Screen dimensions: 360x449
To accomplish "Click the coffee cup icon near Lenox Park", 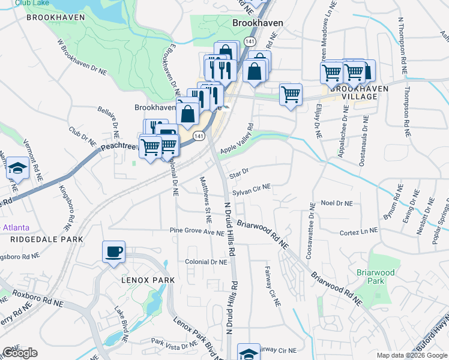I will [113, 252].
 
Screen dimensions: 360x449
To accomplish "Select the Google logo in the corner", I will [20, 353].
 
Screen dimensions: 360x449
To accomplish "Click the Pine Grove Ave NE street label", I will [196, 231].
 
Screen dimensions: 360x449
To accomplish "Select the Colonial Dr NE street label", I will [206, 262].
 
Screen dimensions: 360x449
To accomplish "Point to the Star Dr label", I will [238, 172].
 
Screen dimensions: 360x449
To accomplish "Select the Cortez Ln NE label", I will [359, 231].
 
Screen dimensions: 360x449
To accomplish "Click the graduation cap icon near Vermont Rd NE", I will [18, 169].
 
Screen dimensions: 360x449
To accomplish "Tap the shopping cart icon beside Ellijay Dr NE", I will [291, 94].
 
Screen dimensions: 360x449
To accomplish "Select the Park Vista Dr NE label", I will [173, 343].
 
